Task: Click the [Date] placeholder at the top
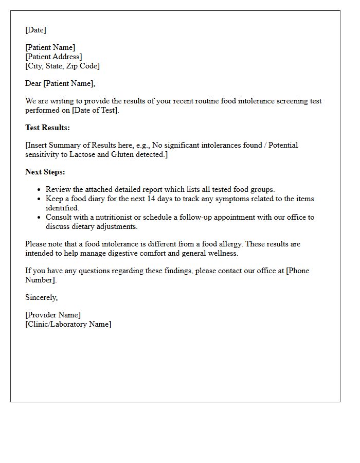coord(35,30)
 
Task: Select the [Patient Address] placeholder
coord(53,57)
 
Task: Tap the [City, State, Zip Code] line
coord(62,66)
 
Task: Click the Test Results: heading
coord(47,128)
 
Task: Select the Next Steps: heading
coord(45,172)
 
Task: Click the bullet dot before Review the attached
coord(39,190)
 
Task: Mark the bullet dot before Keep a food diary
coord(39,199)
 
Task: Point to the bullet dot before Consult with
coord(39,218)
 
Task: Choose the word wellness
coord(223,253)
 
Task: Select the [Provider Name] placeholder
coord(53,315)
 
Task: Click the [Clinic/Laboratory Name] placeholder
coord(68,324)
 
